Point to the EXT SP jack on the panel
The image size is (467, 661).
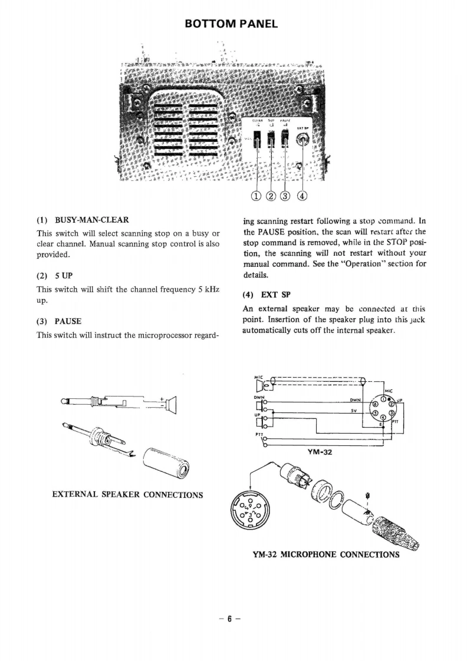(304, 141)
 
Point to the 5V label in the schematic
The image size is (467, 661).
(354, 411)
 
